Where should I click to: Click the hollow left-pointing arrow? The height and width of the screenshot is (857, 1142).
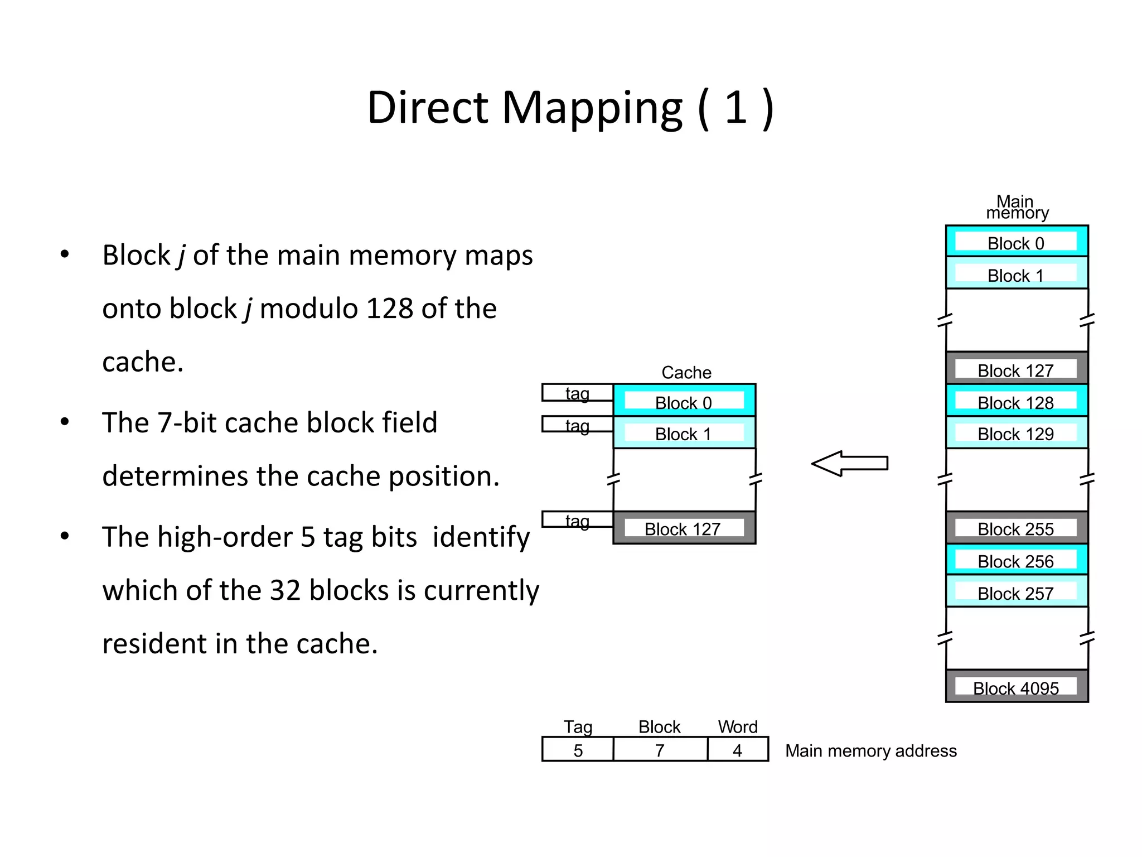(x=849, y=463)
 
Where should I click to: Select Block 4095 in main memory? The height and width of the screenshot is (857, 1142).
(x=1016, y=686)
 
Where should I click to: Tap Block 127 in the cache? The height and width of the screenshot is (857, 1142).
(x=684, y=528)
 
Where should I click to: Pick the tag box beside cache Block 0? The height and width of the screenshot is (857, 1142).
(x=577, y=393)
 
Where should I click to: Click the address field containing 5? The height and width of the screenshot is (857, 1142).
(x=578, y=750)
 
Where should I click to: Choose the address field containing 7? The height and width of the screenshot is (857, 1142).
(x=660, y=750)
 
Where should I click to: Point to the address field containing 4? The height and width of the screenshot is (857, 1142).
(x=737, y=750)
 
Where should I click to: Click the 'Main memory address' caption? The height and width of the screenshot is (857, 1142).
(x=870, y=751)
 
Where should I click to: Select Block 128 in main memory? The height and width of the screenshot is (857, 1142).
(x=1016, y=401)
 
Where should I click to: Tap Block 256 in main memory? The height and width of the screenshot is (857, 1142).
(x=1016, y=560)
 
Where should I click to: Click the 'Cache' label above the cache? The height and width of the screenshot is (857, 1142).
(x=686, y=372)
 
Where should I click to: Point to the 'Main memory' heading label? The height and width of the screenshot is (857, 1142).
(x=1017, y=207)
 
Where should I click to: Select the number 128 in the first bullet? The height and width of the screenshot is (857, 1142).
(x=389, y=309)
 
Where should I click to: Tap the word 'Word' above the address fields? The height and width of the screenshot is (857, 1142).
(x=737, y=726)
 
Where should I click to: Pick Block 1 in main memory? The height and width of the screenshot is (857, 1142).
(x=1016, y=274)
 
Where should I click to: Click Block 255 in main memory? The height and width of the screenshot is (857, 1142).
(x=1016, y=528)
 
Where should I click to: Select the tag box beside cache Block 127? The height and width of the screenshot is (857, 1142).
(x=577, y=519)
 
